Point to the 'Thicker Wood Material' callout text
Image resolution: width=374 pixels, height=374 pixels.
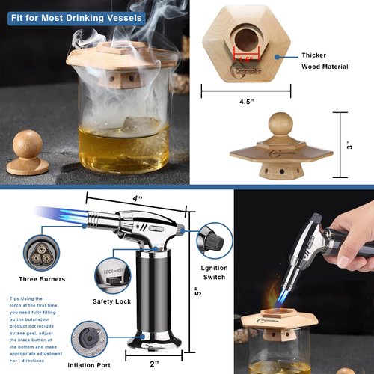coord(323,61)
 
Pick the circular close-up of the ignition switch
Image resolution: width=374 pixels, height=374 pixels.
coord(211,242)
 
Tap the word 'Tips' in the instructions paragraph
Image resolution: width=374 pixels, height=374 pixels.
coord(16,297)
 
